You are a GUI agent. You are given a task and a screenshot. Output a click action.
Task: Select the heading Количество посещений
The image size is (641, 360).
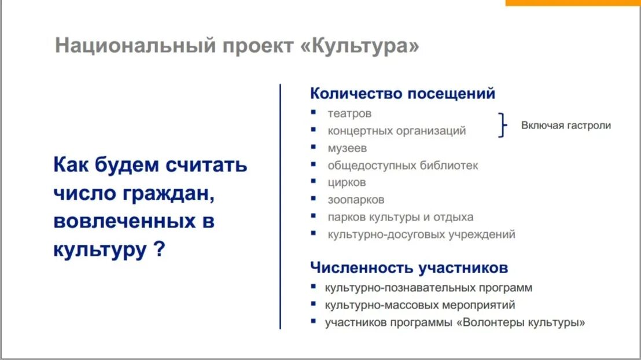(x=403, y=93)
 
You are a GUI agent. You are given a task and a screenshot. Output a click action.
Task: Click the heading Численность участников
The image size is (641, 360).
(x=409, y=268)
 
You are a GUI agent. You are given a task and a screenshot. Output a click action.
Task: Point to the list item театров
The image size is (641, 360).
(x=349, y=113)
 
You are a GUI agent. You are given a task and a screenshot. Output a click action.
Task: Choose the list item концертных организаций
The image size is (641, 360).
(x=396, y=131)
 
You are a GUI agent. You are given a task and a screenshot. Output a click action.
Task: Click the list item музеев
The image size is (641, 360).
(x=347, y=148)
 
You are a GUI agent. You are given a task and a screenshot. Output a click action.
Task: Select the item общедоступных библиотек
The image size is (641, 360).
(x=403, y=166)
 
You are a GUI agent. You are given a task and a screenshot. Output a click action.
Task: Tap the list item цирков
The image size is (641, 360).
(x=347, y=183)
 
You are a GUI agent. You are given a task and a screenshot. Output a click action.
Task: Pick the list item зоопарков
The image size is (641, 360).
(x=356, y=200)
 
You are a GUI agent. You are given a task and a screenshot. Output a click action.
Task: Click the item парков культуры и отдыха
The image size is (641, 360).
(x=400, y=218)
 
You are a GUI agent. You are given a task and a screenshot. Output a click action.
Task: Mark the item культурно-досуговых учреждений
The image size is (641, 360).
(x=421, y=235)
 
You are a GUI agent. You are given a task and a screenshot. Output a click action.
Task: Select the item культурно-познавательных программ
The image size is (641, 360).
(x=428, y=288)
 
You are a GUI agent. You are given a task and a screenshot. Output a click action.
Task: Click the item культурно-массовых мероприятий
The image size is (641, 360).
(x=419, y=305)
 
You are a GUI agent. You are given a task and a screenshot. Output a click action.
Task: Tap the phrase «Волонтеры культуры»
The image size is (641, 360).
(x=521, y=323)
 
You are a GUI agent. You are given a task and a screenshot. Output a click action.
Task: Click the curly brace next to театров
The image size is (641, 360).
(x=503, y=125)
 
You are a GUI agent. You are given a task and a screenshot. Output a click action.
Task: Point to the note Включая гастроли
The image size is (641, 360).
(x=566, y=125)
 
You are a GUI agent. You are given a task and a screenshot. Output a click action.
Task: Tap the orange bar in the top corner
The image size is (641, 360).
(x=573, y=3)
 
